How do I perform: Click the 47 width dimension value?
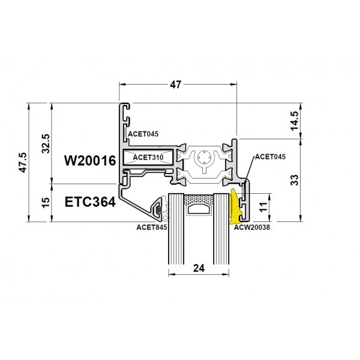(176, 85)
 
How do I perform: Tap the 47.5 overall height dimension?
(23, 163)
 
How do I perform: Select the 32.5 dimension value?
(46, 144)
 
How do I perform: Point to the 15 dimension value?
(46, 202)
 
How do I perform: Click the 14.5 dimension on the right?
(295, 121)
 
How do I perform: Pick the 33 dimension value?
(295, 180)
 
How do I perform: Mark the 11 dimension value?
(263, 206)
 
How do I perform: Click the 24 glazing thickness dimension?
(199, 268)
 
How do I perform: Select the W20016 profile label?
(90, 160)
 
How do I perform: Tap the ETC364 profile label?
(90, 202)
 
